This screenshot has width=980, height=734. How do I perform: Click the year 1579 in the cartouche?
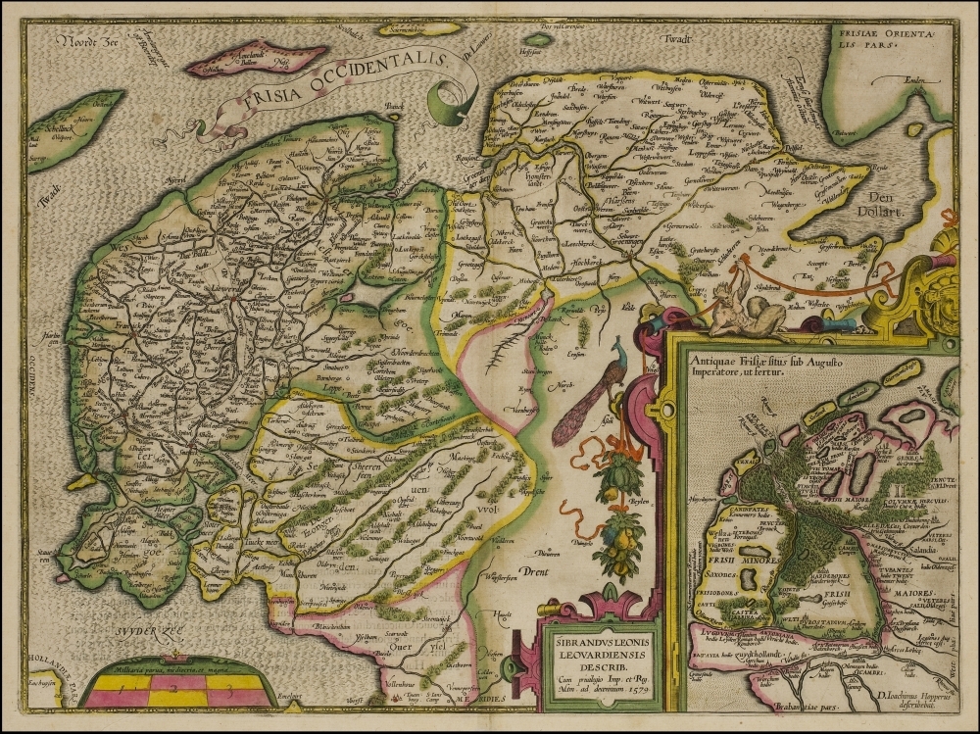coord(634,687)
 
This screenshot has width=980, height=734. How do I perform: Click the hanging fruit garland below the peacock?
coord(614,519)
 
